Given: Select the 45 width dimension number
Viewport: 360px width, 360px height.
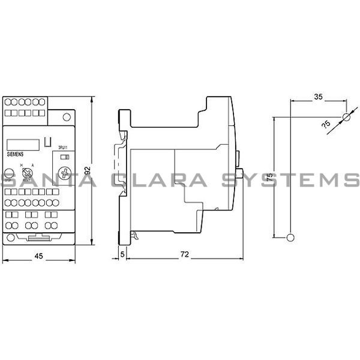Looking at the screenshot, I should (x=38, y=256).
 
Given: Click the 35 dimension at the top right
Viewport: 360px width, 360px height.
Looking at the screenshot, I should (x=319, y=96).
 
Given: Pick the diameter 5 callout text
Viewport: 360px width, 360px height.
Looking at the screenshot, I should (x=326, y=124).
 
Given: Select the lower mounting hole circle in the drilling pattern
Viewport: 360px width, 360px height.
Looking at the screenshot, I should (x=291, y=238).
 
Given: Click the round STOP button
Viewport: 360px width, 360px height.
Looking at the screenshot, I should (x=8, y=173).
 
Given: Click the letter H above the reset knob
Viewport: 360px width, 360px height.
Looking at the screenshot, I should (x=22, y=164).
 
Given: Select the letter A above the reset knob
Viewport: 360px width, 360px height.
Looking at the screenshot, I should (x=32, y=164).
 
